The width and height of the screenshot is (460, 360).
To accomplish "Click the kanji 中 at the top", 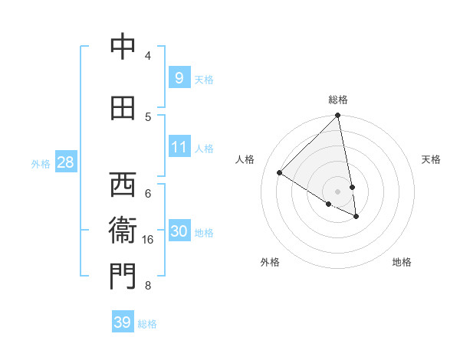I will coord(122,47).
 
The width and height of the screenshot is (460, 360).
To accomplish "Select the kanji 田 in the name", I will coord(122,108).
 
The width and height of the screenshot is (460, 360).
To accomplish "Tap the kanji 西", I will coord(122,185).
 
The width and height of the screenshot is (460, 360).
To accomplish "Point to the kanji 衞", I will coord(122,231).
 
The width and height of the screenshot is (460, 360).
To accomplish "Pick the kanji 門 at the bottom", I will coord(122,277).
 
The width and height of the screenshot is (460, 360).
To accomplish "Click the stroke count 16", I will coord(148,240).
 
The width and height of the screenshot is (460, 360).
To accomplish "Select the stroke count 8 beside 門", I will coord(148,286).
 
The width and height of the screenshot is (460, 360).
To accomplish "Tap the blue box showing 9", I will coord(179,77).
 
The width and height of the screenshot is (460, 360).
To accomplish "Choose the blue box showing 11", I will coord(179,146).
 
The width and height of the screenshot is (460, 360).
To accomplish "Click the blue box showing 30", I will coord(179,231).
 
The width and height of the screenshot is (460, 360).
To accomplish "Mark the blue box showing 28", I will coord(64,162).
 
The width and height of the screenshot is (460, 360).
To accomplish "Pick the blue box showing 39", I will coord(122,322).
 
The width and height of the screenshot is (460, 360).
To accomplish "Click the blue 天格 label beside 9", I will coord(203,80).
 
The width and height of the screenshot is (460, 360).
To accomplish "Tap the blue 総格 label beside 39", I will coord(147,324).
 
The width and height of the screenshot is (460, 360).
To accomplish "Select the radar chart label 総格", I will coord(338,100).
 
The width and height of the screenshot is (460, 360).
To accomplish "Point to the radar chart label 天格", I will coord(431,159).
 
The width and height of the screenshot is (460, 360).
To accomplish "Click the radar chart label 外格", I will coord(270,262).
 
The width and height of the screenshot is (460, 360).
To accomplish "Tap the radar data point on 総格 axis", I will coord(337,116).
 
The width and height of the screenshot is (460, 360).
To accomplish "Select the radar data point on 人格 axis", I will coord(280,173).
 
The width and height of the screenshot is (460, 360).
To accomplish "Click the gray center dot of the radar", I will coord(337,191).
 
